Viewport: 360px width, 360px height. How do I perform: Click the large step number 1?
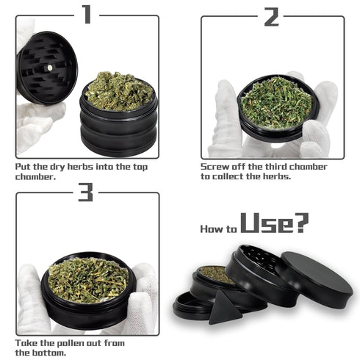click(x=87, y=15)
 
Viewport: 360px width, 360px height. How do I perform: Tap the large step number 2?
click(x=271, y=17)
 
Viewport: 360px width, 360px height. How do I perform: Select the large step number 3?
click(x=85, y=192)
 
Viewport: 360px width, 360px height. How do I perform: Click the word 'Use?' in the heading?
click(x=275, y=223)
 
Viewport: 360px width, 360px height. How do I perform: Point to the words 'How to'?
click(x=219, y=229)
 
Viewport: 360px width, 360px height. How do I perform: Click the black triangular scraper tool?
click(x=224, y=307)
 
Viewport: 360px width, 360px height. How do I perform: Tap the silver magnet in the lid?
click(x=50, y=67)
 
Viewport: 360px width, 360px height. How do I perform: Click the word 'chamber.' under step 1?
click(x=36, y=176)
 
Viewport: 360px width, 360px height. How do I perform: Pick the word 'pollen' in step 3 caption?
click(x=69, y=343)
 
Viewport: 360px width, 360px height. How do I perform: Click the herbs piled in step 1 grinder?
click(x=119, y=90)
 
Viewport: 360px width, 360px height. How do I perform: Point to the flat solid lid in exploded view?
click(x=316, y=279)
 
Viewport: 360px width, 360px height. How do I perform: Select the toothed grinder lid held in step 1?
click(x=46, y=68)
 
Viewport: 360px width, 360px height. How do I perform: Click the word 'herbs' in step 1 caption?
click(x=80, y=167)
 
